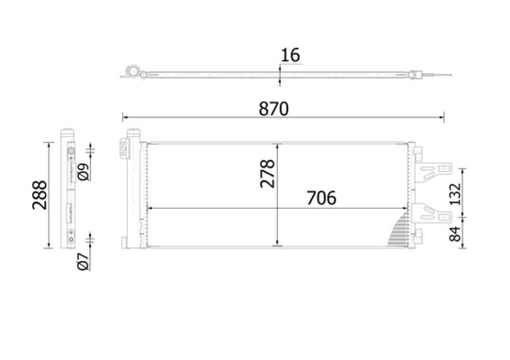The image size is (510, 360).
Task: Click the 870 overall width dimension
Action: pyautogui.click(x=274, y=109)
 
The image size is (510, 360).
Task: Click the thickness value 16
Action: pyautogui.click(x=290, y=56)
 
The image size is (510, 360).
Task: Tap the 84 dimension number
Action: pyautogui.click(x=456, y=233)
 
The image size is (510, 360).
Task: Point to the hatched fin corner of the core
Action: pyautogui.click(x=397, y=231)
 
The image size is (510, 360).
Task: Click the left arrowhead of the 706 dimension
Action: pyautogui.click(x=148, y=209)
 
